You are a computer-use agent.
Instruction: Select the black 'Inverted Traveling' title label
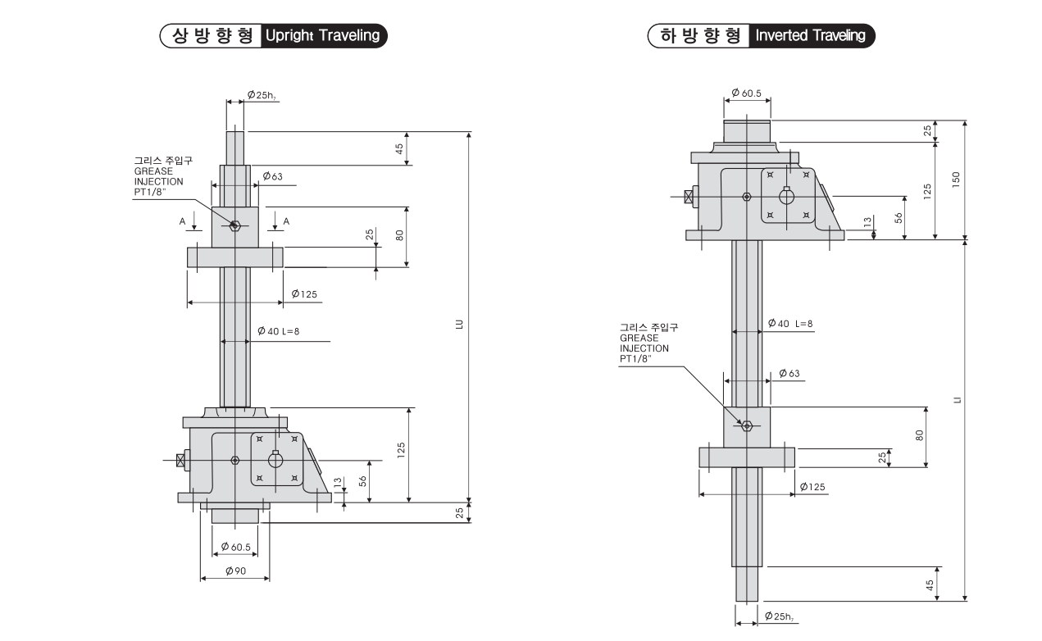pyautogui.click(x=811, y=36)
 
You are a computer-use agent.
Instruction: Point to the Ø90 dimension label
pyautogui.click(x=234, y=571)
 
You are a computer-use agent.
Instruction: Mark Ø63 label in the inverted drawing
pyautogui.click(x=789, y=374)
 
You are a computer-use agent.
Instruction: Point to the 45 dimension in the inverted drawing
pyautogui.click(x=929, y=585)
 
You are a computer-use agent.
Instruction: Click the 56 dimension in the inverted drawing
pyautogui.click(x=898, y=217)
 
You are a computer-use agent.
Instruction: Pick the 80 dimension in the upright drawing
pyautogui.click(x=399, y=235)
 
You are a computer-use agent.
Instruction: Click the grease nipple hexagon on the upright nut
pyautogui.click(x=234, y=225)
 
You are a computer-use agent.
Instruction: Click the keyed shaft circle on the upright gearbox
pyautogui.click(x=275, y=461)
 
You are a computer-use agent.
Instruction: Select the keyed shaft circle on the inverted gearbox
pyautogui.click(x=787, y=197)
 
